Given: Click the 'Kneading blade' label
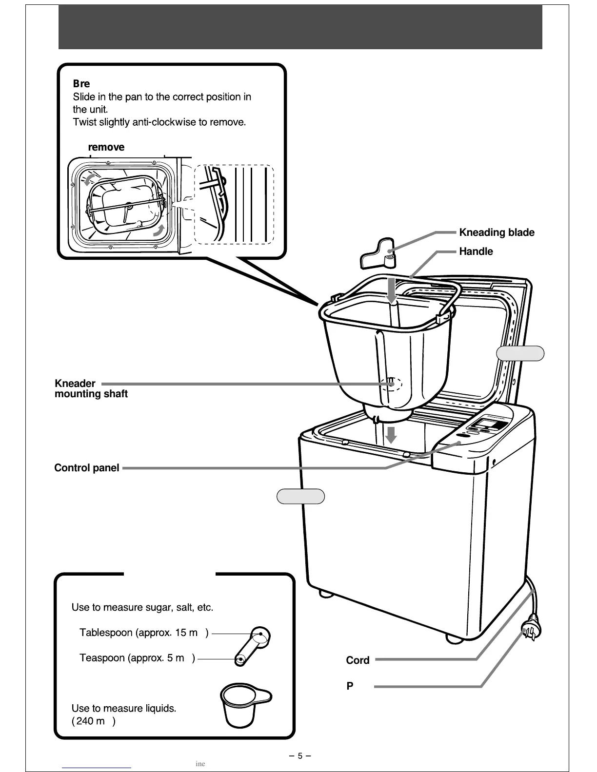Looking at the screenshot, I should click(497, 232).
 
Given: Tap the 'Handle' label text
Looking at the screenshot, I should click(476, 251).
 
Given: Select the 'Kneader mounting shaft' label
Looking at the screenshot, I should click(91, 388).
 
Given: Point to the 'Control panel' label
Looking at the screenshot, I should click(86, 468).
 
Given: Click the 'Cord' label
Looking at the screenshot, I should click(358, 660).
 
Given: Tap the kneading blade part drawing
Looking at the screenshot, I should click(378, 254).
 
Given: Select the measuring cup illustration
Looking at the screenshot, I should click(242, 704).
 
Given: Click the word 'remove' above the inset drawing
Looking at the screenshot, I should click(106, 147).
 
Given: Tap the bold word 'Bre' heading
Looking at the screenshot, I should click(81, 84).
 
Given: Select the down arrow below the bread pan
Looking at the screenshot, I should click(391, 434).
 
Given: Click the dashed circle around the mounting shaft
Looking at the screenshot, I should click(392, 384).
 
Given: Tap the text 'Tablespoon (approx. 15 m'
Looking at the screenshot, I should click(139, 633).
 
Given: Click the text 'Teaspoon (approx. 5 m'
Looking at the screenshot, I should click(132, 658).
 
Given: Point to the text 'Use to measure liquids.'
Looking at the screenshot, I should click(124, 708).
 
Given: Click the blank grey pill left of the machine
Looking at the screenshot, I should click(300, 496).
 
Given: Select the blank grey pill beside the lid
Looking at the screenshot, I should click(520, 353).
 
